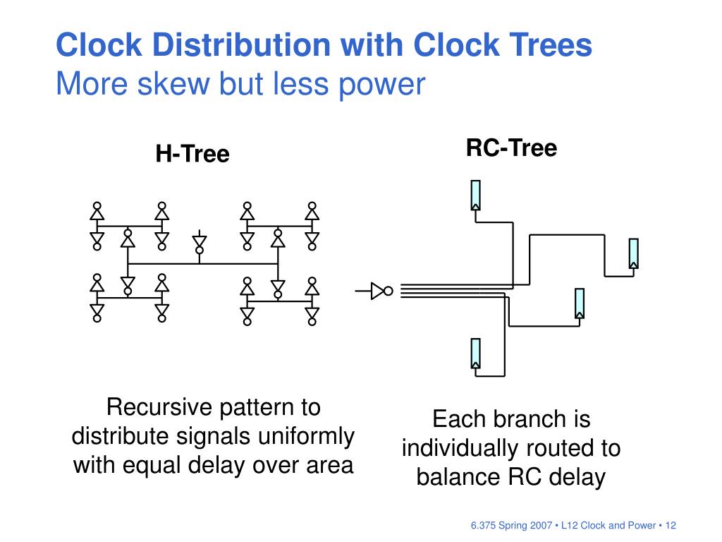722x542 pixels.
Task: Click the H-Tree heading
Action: click(192, 154)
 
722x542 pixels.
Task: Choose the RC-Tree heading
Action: click(511, 148)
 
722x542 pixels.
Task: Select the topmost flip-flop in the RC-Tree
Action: click(476, 195)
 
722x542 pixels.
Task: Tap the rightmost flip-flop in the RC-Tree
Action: click(633, 253)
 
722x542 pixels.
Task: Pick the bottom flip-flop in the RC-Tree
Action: click(476, 354)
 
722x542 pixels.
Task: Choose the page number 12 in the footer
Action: click(670, 525)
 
